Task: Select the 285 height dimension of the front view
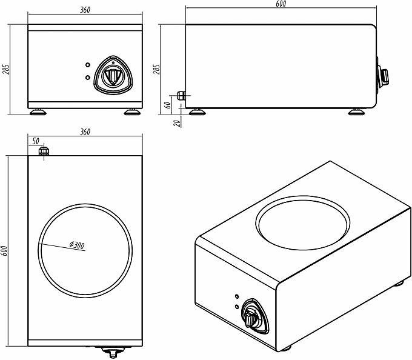coord(7,70)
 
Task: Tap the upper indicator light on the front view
coord(88,65)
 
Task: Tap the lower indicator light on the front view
coord(88,78)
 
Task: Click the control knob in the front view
coord(112,75)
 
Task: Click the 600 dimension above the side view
coord(280,4)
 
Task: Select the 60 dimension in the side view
coord(168,105)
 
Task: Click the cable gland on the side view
coord(181,95)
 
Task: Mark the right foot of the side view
coord(356,111)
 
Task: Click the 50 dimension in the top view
coord(35,141)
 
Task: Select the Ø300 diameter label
coord(77,245)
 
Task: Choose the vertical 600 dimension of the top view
coord(5,251)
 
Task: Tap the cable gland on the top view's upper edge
coord(43,150)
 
